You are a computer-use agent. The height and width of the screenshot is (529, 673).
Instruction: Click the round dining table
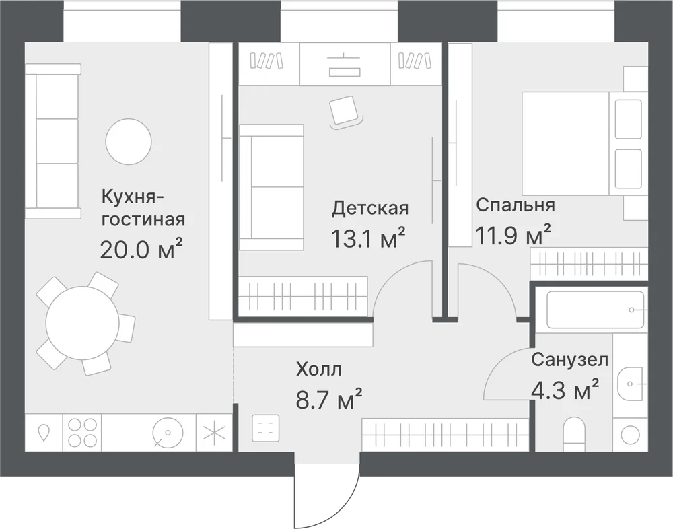[83, 323]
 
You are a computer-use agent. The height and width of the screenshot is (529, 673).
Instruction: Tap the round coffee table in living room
[129, 141]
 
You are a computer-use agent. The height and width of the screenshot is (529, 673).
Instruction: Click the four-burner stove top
[82, 432]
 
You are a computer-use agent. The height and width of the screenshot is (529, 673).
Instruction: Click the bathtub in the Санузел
[596, 310]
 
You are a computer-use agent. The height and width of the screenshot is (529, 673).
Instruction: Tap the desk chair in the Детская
[345, 111]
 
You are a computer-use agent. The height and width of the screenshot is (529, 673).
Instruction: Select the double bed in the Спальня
[583, 143]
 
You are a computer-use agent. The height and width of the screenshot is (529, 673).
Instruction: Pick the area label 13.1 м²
[368, 238]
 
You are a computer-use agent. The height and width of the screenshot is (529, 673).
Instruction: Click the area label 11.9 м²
[513, 234]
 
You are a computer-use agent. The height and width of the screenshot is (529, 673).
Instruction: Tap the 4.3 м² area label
[565, 390]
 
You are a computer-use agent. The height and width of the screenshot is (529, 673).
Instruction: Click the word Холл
[318, 369]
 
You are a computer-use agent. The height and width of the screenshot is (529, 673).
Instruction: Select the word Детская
[370, 209]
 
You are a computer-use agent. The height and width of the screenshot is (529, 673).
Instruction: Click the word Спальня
[516, 205]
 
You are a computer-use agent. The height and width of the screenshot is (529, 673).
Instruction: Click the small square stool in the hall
[265, 427]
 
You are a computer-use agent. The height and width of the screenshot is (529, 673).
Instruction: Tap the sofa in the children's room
[272, 187]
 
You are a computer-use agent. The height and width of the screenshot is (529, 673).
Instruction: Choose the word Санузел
[569, 360]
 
